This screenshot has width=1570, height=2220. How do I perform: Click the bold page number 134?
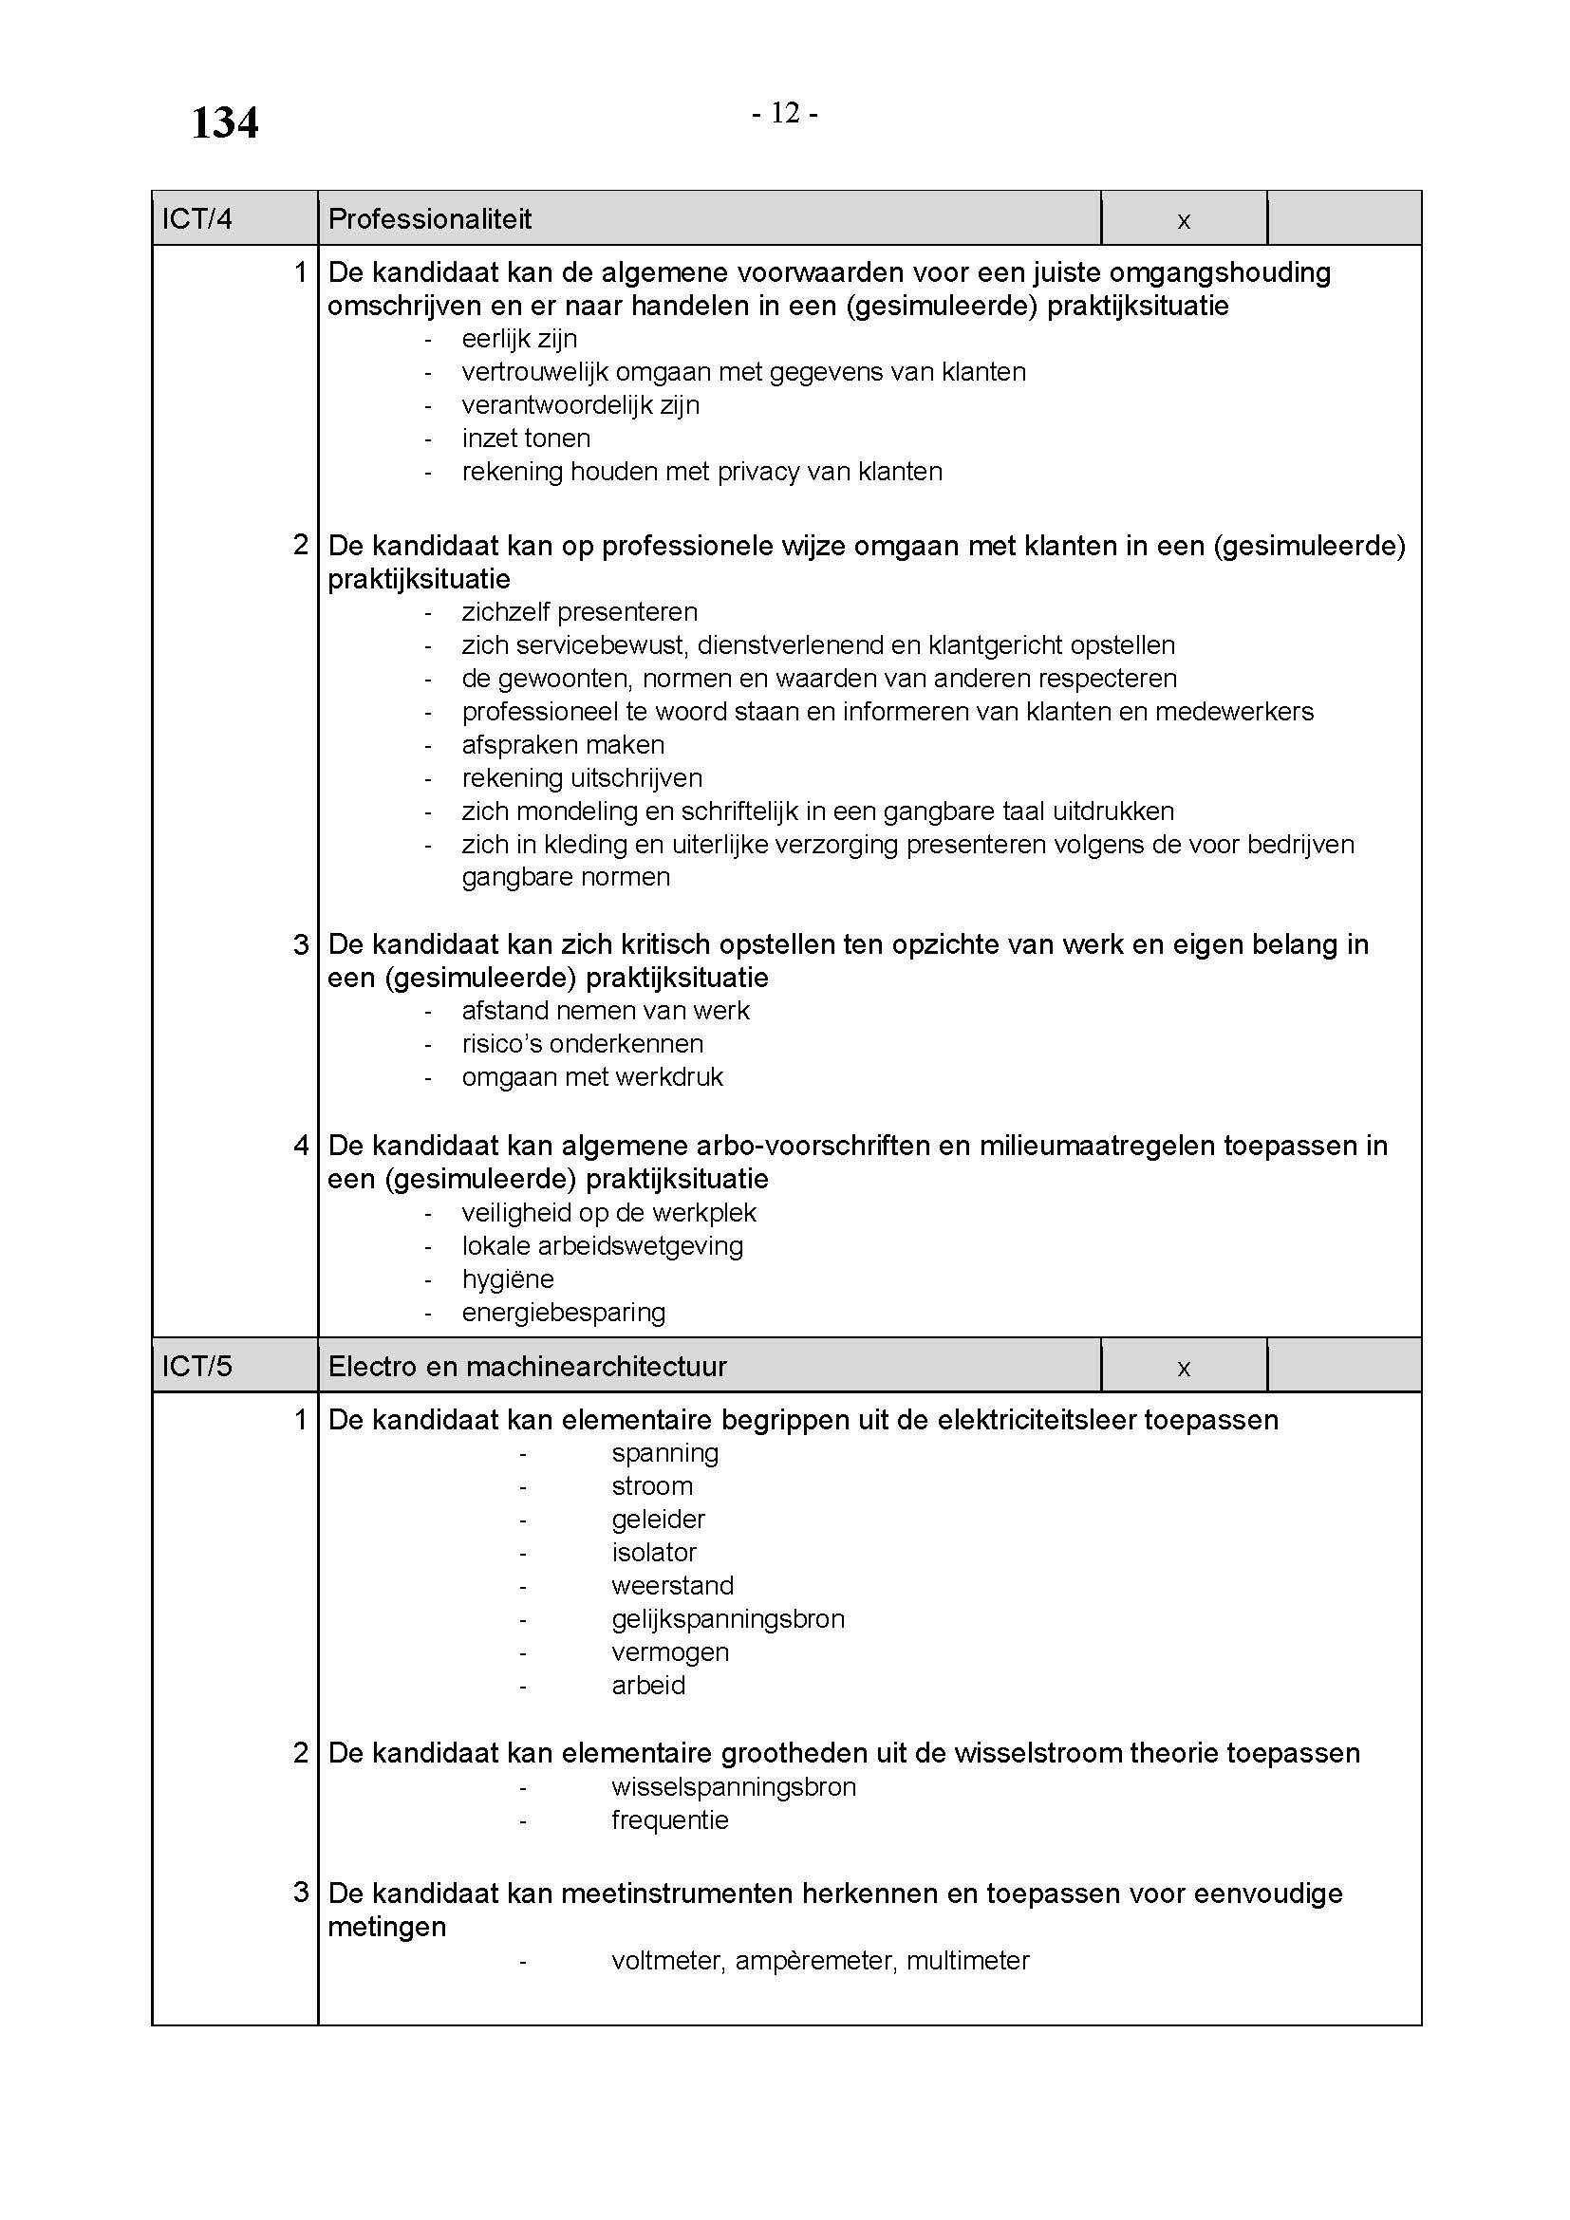pyautogui.click(x=224, y=123)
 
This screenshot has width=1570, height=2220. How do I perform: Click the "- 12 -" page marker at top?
pyautogui.click(x=785, y=114)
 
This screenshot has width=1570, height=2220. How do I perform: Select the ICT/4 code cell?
pyautogui.click(x=197, y=219)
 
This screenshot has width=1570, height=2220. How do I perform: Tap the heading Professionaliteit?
pyautogui.click(x=430, y=219)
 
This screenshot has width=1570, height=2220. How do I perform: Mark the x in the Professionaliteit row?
pyautogui.click(x=1184, y=221)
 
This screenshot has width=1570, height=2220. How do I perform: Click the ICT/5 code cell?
pyautogui.click(x=197, y=1366)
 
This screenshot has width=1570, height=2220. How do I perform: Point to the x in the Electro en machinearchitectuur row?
pyautogui.click(x=1184, y=1369)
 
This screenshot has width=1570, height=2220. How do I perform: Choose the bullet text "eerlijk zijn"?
pyautogui.click(x=519, y=340)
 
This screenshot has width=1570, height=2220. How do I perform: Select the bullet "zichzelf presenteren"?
pyautogui.click(x=579, y=612)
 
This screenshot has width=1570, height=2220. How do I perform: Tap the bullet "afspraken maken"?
pyautogui.click(x=563, y=744)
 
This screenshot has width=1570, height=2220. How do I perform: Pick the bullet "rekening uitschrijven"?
pyautogui.click(x=582, y=778)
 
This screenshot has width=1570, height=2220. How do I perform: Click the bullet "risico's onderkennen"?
pyautogui.click(x=582, y=1044)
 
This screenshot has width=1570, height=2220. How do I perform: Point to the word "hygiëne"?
pyautogui.click(x=508, y=1279)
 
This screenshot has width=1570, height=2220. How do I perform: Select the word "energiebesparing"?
pyautogui.click(x=564, y=1313)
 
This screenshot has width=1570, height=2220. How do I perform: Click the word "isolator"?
pyautogui.click(x=653, y=1553)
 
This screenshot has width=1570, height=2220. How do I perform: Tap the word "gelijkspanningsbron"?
pyautogui.click(x=728, y=1618)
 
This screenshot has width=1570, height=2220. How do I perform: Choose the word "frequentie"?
pyautogui.click(x=670, y=1820)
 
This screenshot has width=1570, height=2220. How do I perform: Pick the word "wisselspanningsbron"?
pyautogui.click(x=734, y=1787)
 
